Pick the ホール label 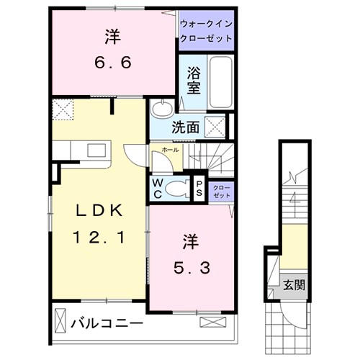[170, 150]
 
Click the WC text [157, 188]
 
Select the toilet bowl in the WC [175, 188]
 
